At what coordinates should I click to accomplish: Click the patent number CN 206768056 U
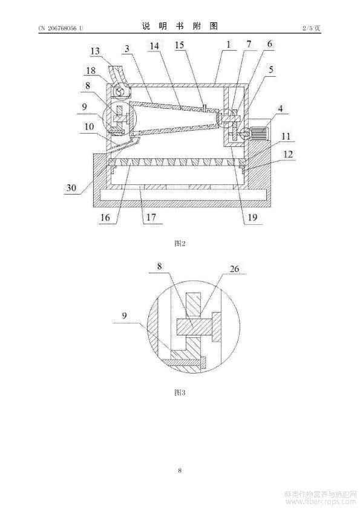[61, 28]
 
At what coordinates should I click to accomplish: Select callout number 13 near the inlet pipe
[95, 51]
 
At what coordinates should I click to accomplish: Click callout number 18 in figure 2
[91, 70]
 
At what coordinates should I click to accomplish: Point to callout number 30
[71, 187]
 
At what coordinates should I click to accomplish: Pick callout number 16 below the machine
[105, 217]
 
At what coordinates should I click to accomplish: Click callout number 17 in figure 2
[151, 217]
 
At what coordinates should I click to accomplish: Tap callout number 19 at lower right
[252, 217]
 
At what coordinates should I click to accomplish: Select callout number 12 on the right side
[288, 154]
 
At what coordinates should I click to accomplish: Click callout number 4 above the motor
[280, 108]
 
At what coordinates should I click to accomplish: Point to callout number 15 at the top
[180, 45]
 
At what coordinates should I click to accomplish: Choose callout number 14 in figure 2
[154, 46]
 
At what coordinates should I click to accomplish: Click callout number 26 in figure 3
[234, 269]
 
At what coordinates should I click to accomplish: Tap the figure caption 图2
[180, 243]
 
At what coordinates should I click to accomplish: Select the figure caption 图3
[180, 392]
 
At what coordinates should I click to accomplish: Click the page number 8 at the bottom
[180, 470]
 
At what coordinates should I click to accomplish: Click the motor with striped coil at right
[258, 133]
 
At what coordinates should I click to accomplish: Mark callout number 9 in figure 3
[124, 315]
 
